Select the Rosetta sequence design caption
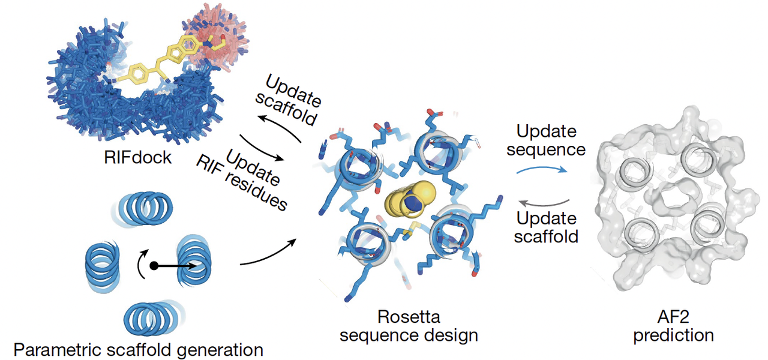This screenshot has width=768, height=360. click(x=409, y=326)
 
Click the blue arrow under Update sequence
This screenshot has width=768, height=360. click(x=540, y=170)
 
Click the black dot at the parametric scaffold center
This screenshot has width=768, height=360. click(x=154, y=265)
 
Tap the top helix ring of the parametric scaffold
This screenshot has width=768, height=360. click(x=143, y=207)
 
